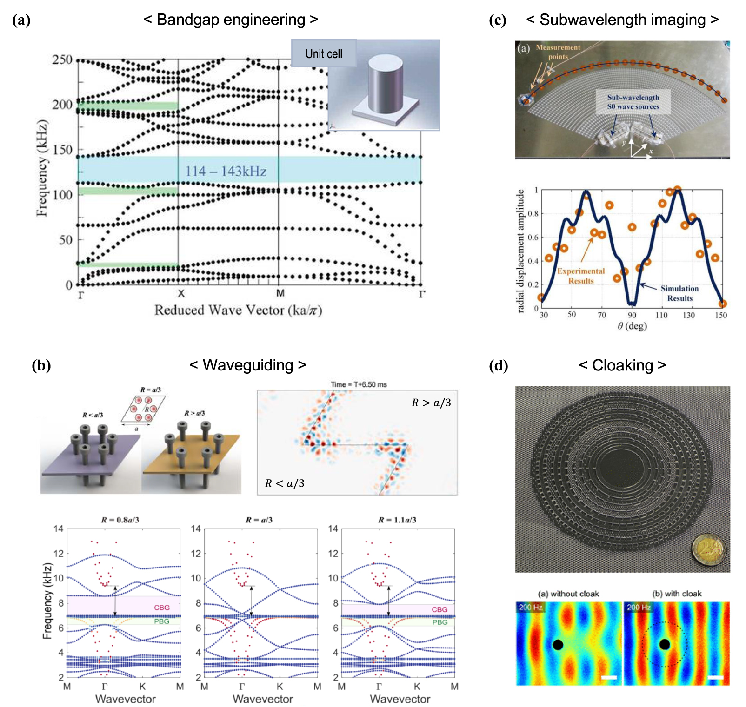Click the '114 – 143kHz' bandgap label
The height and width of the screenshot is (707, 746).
pos(226,171)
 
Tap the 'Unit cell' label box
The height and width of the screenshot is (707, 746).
pos(324,54)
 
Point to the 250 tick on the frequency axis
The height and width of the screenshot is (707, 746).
pos(62,59)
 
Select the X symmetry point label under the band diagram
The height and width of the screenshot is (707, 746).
pos(181,293)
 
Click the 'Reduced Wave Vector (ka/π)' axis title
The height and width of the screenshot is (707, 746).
pos(238,310)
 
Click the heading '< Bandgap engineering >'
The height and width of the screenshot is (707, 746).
pos(231,20)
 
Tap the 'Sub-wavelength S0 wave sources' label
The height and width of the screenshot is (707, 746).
pos(633,102)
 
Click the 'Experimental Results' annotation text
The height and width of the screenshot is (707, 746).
pos(581,276)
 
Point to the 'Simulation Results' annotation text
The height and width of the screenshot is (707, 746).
pos(679,293)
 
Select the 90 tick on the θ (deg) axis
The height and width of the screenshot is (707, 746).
pos(632,315)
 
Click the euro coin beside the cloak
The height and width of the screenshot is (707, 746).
pos(708,551)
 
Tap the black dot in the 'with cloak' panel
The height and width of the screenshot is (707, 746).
pos(665,644)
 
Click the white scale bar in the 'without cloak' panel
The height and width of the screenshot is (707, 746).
pos(609,677)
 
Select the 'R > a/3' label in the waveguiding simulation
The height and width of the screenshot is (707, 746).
pos(431,403)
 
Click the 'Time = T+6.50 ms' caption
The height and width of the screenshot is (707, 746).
pos(359,384)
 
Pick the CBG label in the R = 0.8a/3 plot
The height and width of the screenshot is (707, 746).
pos(162,608)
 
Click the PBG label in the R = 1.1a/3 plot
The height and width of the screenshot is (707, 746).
pos(440,622)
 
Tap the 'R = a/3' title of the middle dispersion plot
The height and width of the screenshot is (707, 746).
pos(259,520)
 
